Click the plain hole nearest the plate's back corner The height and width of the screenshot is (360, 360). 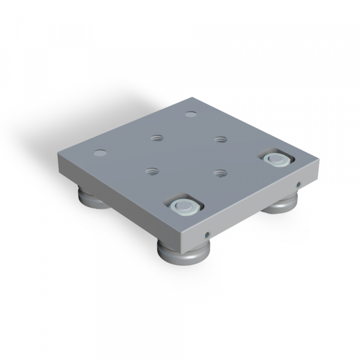point(191,113)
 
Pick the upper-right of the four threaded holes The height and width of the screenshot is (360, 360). point(220,140)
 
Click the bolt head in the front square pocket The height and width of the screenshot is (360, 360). point(185,208)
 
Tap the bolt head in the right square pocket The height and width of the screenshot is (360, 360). point(275,159)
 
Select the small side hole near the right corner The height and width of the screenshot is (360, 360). point(298,184)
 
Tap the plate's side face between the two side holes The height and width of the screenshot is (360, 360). point(252,209)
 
